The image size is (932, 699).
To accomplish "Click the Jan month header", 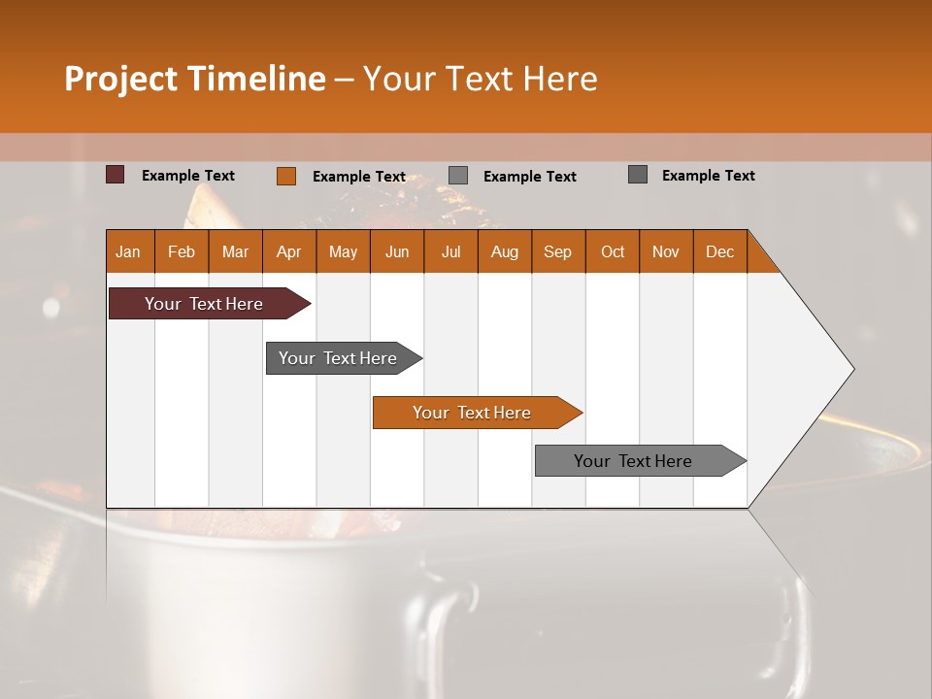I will coord(129,251).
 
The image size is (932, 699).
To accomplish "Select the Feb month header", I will coord(182,251).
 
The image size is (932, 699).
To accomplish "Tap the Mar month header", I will coord(235,251).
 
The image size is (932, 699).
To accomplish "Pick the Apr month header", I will coord(289,251).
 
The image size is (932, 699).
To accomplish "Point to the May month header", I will coord(343,251).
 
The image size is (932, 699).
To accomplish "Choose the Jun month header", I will coord(397,251).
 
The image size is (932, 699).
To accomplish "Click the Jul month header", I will coord(450,251).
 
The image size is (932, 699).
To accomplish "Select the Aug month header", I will coord(505,251).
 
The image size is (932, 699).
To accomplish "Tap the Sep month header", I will coord(558,251).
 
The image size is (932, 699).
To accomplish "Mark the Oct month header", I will coord(613,251).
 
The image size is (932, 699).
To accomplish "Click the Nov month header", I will coord(666,251).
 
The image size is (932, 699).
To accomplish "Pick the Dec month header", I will coord(720,251).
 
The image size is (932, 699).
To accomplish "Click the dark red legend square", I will coord(116,175).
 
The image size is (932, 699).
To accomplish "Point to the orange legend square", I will coord(286,176).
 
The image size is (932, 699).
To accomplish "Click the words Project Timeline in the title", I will coord(195,79).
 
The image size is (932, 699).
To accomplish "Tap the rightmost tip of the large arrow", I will coord(852,369).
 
